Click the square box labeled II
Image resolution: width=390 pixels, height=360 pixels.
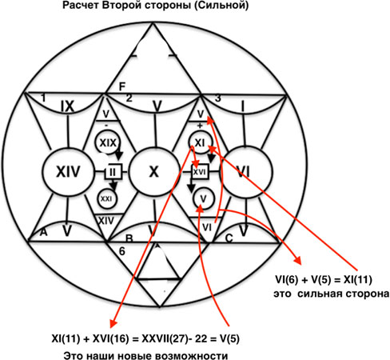click(113, 172)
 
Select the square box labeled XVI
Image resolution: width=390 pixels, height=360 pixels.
click(200, 172)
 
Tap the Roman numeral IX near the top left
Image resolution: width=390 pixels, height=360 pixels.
click(67, 107)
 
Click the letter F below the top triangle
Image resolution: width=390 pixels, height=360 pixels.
click(121, 87)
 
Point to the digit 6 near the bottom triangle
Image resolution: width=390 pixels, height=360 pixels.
click(121, 251)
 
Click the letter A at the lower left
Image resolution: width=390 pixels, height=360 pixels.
click(43, 233)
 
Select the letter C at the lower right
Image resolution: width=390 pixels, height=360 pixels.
click(229, 238)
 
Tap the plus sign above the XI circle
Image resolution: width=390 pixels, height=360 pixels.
click(200, 126)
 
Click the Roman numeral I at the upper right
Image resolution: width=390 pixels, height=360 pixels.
click(243, 107)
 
